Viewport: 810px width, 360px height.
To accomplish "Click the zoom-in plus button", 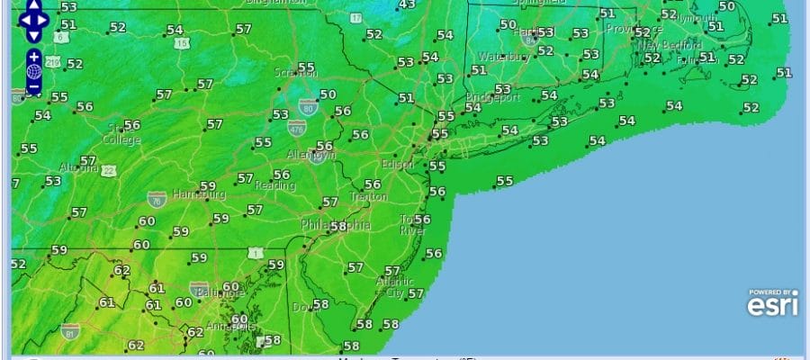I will [x=34, y=56].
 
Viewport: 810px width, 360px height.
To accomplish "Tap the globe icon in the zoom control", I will [x=34, y=71].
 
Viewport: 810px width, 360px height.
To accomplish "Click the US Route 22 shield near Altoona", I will [x=108, y=171].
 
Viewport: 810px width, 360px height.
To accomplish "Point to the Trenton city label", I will [x=368, y=196].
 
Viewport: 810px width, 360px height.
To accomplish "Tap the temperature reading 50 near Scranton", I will [x=328, y=94].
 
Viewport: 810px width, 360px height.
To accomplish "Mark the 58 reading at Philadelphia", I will [x=338, y=226].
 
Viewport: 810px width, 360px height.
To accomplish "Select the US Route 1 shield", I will [x=256, y=256].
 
